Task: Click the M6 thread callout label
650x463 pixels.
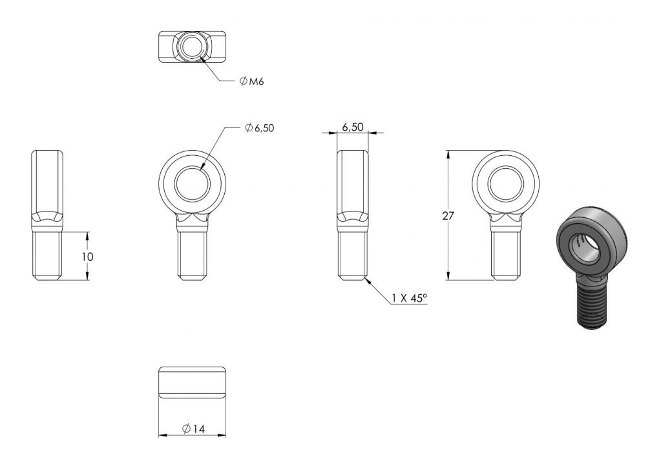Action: click(251, 81)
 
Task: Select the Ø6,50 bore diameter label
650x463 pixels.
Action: click(260, 128)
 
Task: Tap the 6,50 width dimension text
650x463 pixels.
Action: click(353, 127)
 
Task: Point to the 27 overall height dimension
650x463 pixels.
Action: click(448, 216)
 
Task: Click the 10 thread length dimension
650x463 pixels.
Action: click(87, 257)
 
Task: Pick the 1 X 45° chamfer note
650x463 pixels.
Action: click(409, 298)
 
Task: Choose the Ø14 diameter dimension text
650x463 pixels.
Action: click(194, 429)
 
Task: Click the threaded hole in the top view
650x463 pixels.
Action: click(192, 47)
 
